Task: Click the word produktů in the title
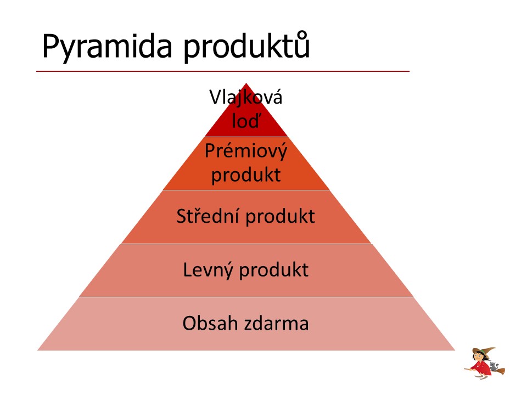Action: coord(246,46)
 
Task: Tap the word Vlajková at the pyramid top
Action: coord(246,98)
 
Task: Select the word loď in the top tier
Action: coord(246,120)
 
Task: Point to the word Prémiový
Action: coord(246,152)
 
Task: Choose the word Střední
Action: coord(208,216)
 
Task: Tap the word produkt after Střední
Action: coord(281,217)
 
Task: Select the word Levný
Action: coord(208,270)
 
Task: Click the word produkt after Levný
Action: coord(273,270)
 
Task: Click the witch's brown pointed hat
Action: coord(484,352)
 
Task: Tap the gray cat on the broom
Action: coord(493,366)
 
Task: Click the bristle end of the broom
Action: coord(500,371)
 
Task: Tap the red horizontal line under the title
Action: coord(223,71)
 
